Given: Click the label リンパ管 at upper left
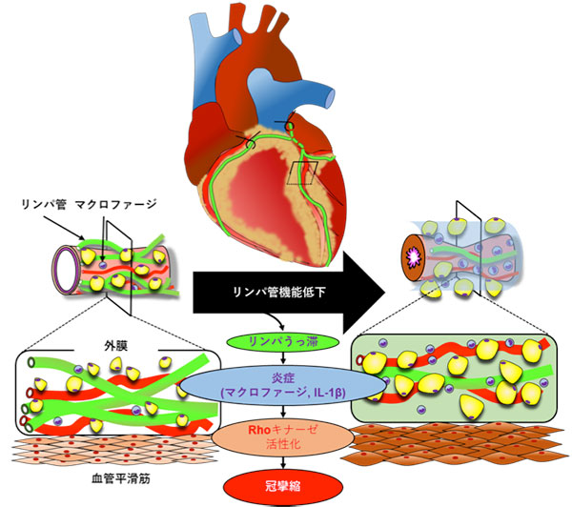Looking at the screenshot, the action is coord(44,204).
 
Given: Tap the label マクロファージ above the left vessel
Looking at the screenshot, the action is coord(116,204).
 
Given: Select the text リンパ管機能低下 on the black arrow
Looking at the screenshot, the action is coord(279,293).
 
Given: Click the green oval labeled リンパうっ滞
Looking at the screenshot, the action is coord(283,342).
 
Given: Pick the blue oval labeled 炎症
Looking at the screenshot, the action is coord(283,386).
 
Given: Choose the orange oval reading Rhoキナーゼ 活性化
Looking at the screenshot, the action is coord(283,437).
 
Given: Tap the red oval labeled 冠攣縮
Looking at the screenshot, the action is coord(283,487).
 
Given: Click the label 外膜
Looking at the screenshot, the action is coord(115,345).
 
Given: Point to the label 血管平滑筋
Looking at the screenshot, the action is coord(120,478).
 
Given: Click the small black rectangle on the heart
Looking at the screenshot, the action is coord(302,172).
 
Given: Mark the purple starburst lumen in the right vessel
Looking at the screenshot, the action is coord(415,257).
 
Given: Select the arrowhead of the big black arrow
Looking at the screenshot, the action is coord(364,293).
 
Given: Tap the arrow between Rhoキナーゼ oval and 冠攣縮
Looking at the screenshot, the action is coord(283,462).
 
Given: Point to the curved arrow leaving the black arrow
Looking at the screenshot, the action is coord(276,320).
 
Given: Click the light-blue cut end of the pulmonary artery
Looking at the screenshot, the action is coord(330,98).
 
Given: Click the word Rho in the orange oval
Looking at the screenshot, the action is coord(259,430).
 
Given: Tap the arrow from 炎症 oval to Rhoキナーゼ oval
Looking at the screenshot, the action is coord(283,412).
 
